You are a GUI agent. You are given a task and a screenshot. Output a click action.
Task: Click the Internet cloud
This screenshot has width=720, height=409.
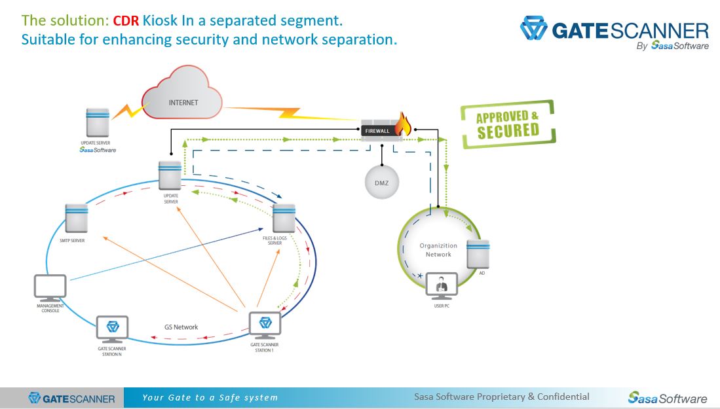pos(183,98)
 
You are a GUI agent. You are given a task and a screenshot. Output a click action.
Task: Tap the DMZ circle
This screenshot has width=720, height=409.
pos(381,183)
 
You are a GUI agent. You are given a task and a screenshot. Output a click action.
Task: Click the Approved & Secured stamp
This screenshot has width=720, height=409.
pos(508,124)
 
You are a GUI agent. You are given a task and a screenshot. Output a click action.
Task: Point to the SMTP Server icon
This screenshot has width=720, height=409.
pos(77,218)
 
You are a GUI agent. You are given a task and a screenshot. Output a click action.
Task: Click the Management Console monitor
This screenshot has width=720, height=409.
pos(50,287)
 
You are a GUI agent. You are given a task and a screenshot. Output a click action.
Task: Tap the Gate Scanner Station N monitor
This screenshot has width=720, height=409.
pos(112,329)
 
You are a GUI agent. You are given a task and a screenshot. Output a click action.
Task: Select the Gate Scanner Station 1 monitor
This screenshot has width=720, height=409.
pos(265,325)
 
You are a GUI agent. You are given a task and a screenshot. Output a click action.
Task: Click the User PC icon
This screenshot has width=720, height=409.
pos(442,285)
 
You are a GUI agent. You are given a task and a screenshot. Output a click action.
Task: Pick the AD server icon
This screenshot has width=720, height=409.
pos(478,253)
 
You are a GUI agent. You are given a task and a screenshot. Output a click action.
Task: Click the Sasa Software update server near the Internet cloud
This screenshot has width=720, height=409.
pos(98,122)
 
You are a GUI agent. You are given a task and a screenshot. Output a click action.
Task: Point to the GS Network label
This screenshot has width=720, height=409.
pos(181,327)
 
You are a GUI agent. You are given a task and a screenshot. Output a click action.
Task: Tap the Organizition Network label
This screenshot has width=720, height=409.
pos(438,250)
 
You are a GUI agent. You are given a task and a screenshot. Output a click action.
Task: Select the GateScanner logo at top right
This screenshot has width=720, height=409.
pos(615,33)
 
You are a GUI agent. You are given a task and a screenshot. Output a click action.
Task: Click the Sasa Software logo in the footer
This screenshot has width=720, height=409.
pos(668,397)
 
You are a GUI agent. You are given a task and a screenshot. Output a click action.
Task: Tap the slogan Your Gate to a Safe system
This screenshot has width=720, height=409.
pos(210,397)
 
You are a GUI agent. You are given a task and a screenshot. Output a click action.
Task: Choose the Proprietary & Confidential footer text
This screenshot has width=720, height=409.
pos(501,397)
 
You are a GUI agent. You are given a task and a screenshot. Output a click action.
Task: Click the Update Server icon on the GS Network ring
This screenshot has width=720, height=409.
pos(170,175)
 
